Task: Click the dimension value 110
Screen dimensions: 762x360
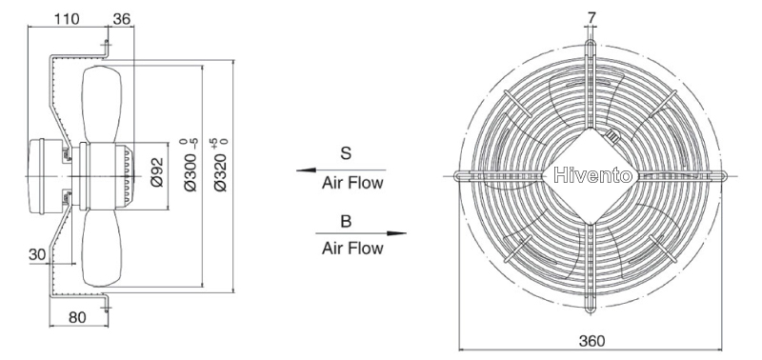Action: pyautogui.click(x=66, y=19)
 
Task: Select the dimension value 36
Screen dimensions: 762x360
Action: pyautogui.click(x=122, y=19)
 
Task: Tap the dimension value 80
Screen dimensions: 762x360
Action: pyautogui.click(x=77, y=317)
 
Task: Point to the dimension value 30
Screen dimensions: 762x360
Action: pyautogui.click(x=37, y=254)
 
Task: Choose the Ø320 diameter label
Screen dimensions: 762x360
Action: pyautogui.click(x=221, y=165)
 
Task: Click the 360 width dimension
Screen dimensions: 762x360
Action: pyautogui.click(x=592, y=341)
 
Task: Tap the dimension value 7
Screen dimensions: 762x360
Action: pyautogui.click(x=591, y=17)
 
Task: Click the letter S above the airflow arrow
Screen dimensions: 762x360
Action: pyautogui.click(x=346, y=153)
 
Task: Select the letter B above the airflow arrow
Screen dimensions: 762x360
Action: pyautogui.click(x=346, y=222)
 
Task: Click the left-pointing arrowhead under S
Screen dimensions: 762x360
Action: pyautogui.click(x=306, y=170)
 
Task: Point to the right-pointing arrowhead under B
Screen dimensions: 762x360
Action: pyautogui.click(x=397, y=233)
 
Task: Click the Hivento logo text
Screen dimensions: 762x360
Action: pyautogui.click(x=592, y=175)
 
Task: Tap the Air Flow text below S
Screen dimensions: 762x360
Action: pyautogui.click(x=352, y=183)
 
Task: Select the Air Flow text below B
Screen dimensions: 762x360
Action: pyautogui.click(x=352, y=249)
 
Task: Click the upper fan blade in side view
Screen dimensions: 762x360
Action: pyautogui.click(x=102, y=105)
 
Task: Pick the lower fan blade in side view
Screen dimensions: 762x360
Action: pyautogui.click(x=102, y=248)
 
